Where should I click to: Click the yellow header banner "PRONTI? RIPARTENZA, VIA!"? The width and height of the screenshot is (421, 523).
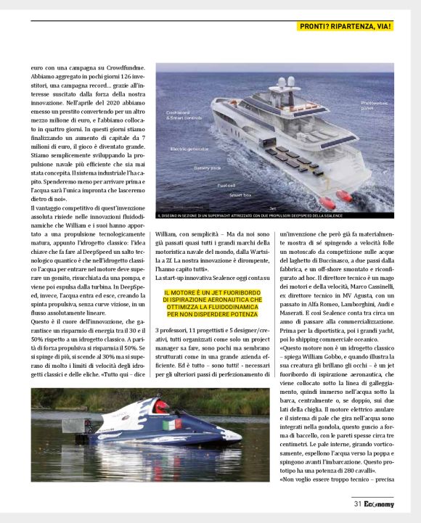[346, 27]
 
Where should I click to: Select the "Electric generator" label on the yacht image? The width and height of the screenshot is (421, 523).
[190, 149]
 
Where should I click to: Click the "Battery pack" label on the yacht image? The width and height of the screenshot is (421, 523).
[208, 168]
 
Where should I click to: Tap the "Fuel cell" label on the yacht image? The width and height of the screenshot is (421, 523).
[225, 186]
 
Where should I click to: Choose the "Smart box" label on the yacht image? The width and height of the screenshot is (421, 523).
[240, 195]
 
